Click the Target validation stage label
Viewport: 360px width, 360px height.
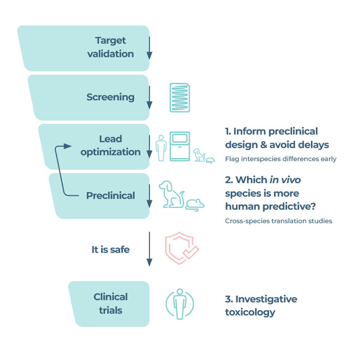[x=114, y=47]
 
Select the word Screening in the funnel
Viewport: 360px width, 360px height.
[x=110, y=97]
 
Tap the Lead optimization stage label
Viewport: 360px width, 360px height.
[x=111, y=145]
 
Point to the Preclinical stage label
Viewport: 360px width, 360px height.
[x=111, y=196]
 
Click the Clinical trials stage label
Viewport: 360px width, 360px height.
[x=111, y=304]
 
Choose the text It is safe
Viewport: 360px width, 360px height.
[x=111, y=249]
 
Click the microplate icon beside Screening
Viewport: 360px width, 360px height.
[x=180, y=97]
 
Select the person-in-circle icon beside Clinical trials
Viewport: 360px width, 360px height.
[x=180, y=304]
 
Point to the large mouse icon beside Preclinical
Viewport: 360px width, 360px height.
[x=195, y=204]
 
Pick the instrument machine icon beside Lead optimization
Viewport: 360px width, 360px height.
[x=180, y=146]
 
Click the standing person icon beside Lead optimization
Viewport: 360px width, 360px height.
[x=161, y=148]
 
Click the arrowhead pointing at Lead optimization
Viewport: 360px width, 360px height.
[x=67, y=146]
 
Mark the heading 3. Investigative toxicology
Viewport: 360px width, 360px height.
[x=261, y=306]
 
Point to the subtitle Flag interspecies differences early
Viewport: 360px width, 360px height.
[x=280, y=159]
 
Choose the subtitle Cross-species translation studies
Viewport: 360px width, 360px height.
[x=278, y=221]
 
